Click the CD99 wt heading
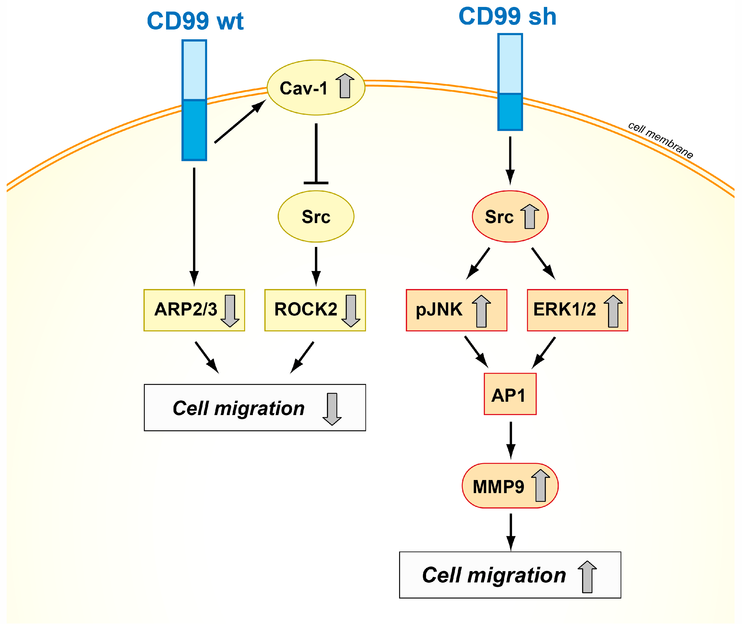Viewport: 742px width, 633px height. [x=195, y=21]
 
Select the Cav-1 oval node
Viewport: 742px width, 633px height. [x=316, y=88]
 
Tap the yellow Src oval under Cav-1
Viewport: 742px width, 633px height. [x=316, y=216]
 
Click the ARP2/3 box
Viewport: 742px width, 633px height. [x=194, y=310]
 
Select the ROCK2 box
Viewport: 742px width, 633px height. [x=315, y=310]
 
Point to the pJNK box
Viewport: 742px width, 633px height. [x=456, y=310]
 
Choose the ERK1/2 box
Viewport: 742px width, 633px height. [x=577, y=310]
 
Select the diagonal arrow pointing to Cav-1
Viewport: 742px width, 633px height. [x=240, y=122]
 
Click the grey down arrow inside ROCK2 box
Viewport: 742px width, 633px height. [x=351, y=311]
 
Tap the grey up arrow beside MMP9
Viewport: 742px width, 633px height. [x=540, y=485]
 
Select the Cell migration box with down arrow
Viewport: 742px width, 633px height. [x=255, y=407]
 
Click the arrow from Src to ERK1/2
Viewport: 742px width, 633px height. [x=543, y=263]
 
